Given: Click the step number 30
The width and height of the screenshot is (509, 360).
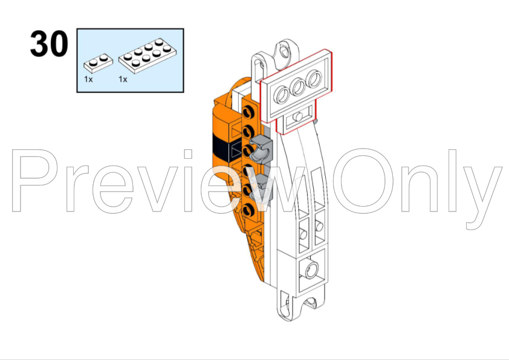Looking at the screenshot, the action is tap(49, 43).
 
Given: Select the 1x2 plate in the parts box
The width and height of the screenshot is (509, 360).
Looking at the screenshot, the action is tap(99, 63).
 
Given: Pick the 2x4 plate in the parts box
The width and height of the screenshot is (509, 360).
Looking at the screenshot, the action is tap(148, 56).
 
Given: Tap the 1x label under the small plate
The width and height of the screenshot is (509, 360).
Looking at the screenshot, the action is tap(88, 79).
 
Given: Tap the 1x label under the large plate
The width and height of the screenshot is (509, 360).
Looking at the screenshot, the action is tap(123, 79).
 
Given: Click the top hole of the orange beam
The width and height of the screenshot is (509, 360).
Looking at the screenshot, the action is tap(248, 112).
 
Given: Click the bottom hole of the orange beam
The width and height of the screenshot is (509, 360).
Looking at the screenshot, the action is tap(248, 210).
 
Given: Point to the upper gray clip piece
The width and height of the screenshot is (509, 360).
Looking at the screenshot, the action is tap(261, 149).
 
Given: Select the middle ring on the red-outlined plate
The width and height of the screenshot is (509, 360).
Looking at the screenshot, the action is tap(298, 87).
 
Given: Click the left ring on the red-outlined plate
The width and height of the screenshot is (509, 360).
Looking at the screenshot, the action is tap(282, 95).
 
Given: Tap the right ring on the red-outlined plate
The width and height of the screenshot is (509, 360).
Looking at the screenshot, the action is tap(314, 79).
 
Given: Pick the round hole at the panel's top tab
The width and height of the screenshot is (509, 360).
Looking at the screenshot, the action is tap(285, 51).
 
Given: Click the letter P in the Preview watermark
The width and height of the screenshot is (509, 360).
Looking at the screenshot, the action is tap(34, 181).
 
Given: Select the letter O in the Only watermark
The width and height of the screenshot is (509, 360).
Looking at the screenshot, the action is tap(363, 181).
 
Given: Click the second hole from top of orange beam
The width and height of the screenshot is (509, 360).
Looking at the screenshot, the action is tap(248, 132).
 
